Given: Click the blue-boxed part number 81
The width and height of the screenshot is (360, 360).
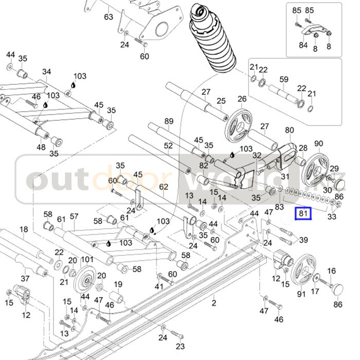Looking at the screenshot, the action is [x=303, y=213].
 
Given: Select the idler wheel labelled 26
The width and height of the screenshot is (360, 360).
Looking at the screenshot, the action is [x=239, y=122].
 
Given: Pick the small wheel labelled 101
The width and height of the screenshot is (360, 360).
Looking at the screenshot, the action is [x=85, y=281].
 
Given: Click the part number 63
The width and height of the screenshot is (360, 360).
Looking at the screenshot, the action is [x=109, y=17].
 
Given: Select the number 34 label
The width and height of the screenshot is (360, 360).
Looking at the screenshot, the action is [x=47, y=71].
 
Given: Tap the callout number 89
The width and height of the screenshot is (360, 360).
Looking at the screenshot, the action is [x=169, y=121].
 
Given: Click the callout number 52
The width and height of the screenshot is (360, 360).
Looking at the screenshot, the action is [x=168, y=146].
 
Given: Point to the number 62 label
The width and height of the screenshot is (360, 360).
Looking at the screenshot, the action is [x=164, y=187].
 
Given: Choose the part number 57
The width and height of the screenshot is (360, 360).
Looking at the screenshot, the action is [x=74, y=217].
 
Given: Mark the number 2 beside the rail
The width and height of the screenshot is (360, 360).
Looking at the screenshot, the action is [x=214, y=303].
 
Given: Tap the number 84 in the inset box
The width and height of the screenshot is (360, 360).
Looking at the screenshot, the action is [x=303, y=45].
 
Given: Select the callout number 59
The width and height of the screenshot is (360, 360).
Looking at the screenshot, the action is [x=284, y=79].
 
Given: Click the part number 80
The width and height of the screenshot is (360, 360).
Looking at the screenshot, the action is [x=289, y=130].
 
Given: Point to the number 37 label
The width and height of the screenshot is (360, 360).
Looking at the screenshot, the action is [x=25, y=279].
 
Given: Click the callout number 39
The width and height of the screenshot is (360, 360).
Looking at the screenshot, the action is [x=303, y=240].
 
